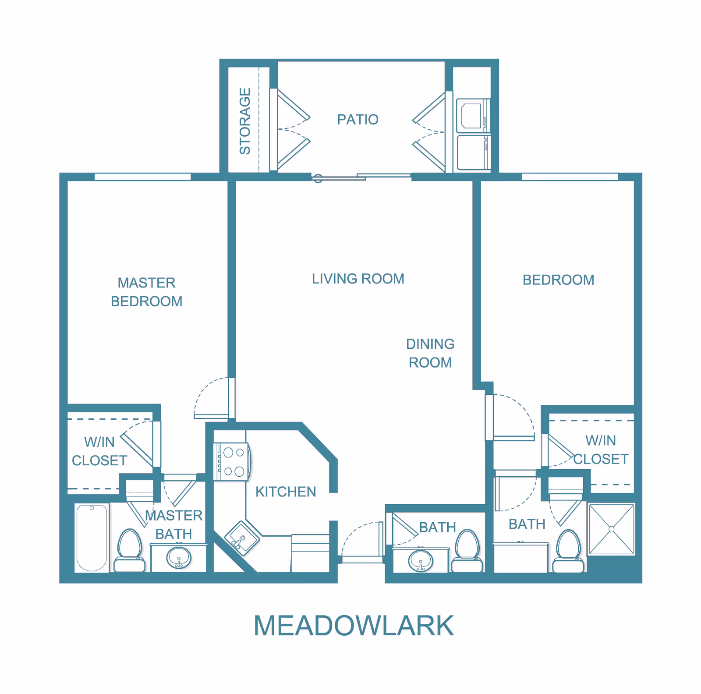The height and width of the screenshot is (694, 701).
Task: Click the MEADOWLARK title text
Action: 354,626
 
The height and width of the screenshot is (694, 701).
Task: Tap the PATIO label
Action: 358,120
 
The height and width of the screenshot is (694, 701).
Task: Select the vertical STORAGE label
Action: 245,121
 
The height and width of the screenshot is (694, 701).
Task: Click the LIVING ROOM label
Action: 358,279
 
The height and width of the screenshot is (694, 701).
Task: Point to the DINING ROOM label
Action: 430,353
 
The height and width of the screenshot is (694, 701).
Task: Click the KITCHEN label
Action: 286,492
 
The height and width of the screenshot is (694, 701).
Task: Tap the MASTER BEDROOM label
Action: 146,292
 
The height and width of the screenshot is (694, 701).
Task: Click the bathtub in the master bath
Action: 92,538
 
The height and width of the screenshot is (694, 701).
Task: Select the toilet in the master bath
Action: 130,550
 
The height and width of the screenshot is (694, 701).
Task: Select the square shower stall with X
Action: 611,529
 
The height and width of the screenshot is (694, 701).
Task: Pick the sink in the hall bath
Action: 421,561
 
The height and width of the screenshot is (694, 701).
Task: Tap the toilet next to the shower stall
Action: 568,551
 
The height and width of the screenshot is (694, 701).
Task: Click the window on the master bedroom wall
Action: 142,177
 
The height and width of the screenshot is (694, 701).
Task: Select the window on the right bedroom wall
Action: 570,177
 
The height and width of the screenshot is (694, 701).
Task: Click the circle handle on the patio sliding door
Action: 318,178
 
